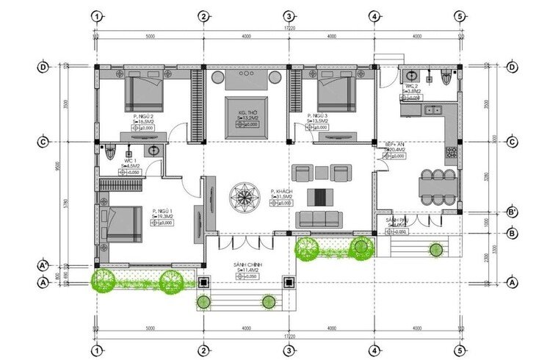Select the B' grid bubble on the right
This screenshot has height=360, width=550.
[513, 214]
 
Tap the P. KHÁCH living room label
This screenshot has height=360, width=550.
[282, 190]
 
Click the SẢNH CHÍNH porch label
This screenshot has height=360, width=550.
[250, 263]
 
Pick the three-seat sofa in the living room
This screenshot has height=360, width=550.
[319, 218]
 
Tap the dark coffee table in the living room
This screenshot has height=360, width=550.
[319, 196]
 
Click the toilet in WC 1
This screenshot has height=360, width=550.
[109, 152]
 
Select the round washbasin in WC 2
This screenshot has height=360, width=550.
[411, 75]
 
